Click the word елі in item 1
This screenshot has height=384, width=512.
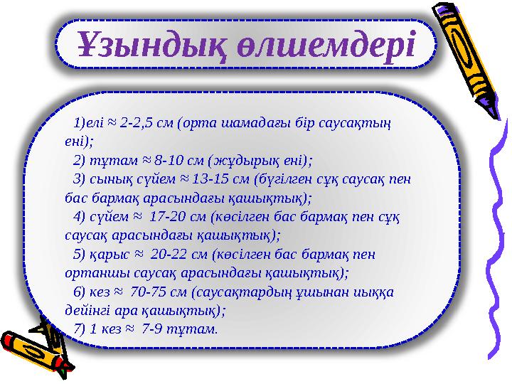coord(95,123)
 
